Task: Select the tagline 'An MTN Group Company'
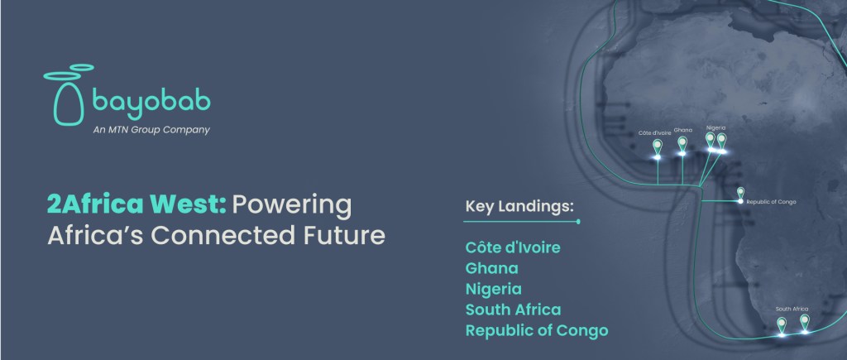coord(151,130)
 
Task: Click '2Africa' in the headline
coord(95,204)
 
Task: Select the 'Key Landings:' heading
coord(519,207)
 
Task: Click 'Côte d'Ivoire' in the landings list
coord(513,247)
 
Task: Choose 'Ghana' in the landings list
coord(491,268)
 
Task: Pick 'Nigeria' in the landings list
coord(494,289)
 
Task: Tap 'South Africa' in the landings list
coord(513,310)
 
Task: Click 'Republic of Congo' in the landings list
coord(537,330)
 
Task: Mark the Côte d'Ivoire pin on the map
coord(658,147)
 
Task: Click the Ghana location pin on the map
coord(682,145)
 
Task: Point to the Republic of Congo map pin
coord(740,194)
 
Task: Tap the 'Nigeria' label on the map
coord(715,128)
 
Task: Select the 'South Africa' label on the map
coord(792,309)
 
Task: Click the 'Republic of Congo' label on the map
coord(771,202)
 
